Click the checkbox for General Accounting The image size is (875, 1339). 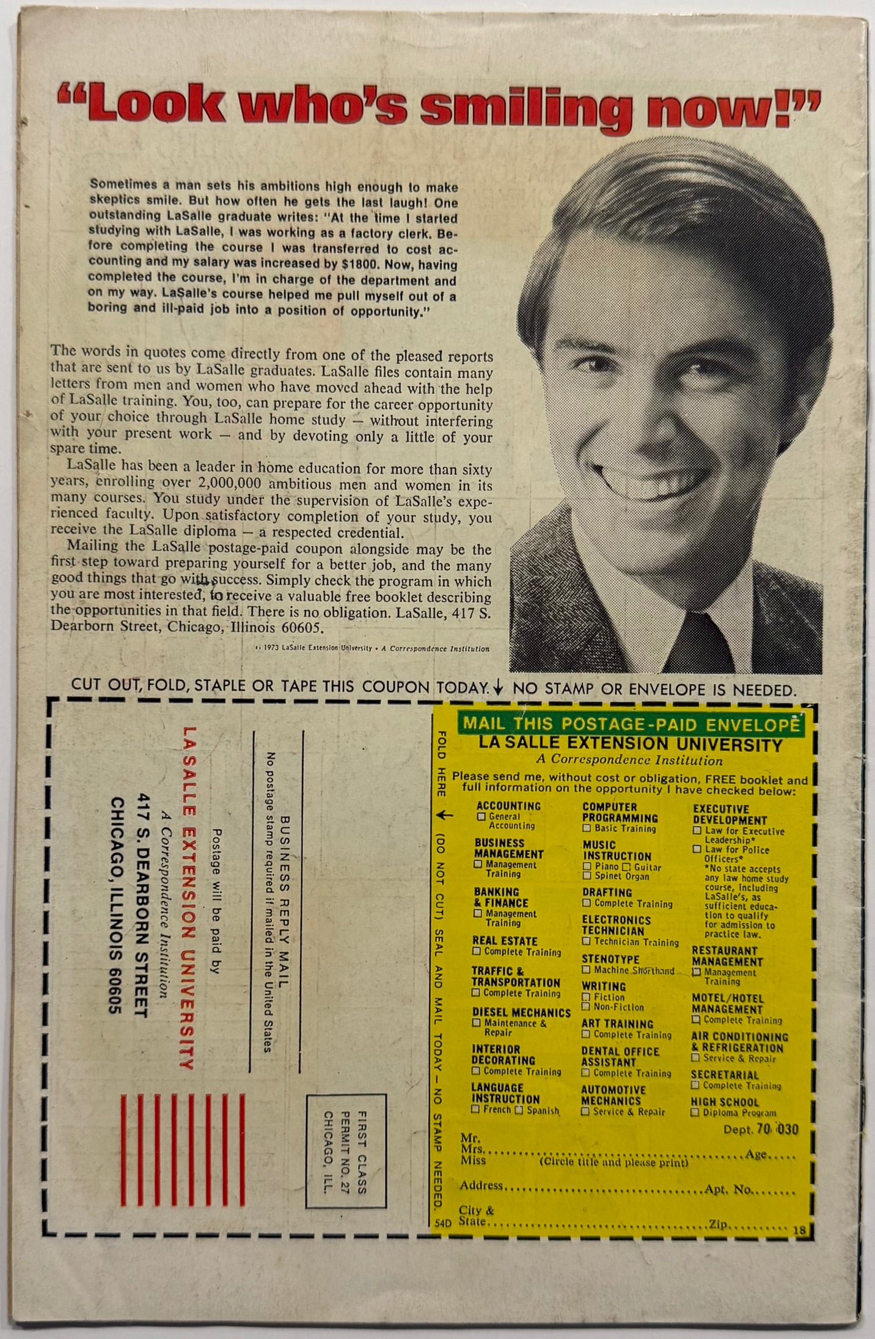[481, 816]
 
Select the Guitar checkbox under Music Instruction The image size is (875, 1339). [626, 867]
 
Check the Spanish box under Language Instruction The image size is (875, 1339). [519, 1110]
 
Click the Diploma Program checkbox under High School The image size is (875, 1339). [695, 1113]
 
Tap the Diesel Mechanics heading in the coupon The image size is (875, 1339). [521, 1013]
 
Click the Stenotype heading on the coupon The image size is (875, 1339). [610, 960]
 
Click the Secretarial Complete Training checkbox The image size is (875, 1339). [695, 1085]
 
